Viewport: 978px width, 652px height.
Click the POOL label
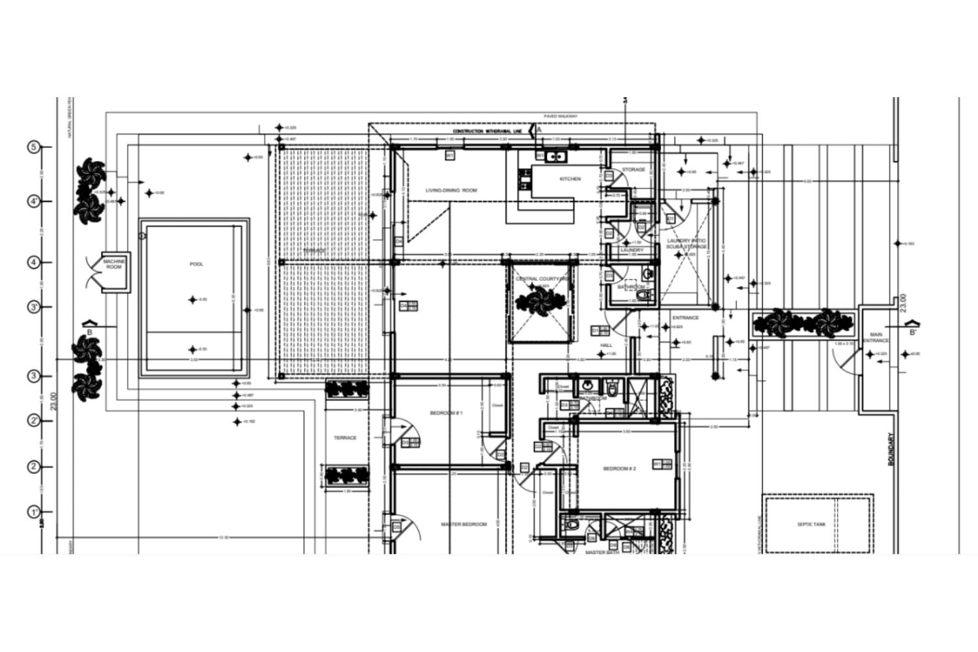[196, 264]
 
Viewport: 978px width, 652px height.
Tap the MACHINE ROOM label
[113, 264]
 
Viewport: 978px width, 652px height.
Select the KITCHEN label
[570, 179]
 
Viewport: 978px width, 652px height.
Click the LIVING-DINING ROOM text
[451, 190]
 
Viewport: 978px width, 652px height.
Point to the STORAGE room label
[633, 170]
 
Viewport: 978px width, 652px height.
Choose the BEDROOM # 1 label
[446, 413]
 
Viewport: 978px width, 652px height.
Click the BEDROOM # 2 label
[619, 469]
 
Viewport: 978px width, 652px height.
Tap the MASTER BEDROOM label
[464, 524]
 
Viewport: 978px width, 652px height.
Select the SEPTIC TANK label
[811, 524]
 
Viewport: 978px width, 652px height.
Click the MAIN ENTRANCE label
[876, 338]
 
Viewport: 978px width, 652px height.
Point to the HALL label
[606, 346]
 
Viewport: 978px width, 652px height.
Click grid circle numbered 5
[35, 147]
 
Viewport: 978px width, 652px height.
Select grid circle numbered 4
[35, 262]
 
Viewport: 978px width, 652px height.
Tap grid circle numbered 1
[35, 512]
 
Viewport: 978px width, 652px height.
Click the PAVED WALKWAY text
[561, 117]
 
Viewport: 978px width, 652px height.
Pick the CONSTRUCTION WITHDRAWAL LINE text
[488, 132]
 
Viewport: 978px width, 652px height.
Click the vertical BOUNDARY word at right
[892, 451]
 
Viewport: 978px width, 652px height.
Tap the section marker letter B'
[913, 333]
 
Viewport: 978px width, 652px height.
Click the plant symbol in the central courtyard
[541, 301]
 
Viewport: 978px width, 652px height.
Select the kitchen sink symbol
[556, 156]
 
